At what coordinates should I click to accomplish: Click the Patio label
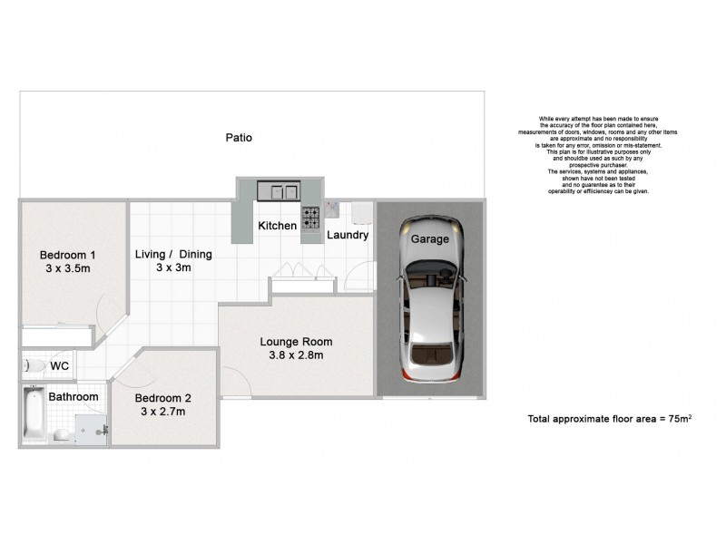click(x=240, y=138)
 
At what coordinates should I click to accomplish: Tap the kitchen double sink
click(x=278, y=190)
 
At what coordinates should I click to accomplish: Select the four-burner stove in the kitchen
click(x=310, y=218)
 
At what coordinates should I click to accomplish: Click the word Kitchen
click(x=277, y=225)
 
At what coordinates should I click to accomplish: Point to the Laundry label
click(x=348, y=235)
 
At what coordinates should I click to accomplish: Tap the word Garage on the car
click(x=430, y=239)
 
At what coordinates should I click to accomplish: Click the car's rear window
click(x=430, y=352)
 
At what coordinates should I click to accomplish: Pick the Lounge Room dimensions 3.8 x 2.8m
click(x=296, y=355)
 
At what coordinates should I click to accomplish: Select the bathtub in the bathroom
click(x=34, y=416)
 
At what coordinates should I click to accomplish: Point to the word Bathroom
click(x=74, y=397)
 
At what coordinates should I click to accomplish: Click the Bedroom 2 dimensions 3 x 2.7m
click(x=163, y=412)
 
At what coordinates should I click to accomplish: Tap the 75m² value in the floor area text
click(x=679, y=419)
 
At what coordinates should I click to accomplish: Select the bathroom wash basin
click(x=60, y=435)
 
